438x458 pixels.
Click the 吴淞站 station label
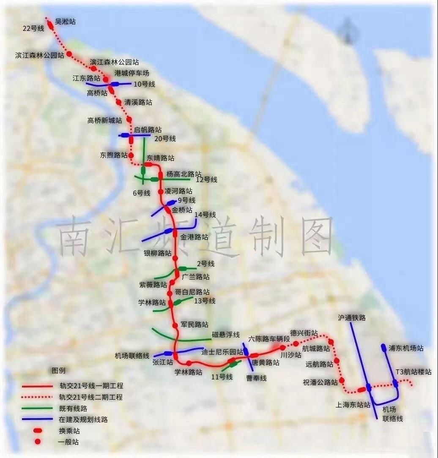[x=65, y=22]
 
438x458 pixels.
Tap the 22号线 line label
[x=33, y=28]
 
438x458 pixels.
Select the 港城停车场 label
[x=132, y=74]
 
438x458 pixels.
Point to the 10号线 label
[x=144, y=84]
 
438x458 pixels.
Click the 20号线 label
[x=165, y=139]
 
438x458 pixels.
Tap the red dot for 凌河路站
[x=161, y=192]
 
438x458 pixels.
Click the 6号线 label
[x=141, y=193]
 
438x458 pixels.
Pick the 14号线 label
[x=205, y=215]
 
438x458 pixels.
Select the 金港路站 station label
[x=194, y=237]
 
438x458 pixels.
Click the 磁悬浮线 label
[x=226, y=335]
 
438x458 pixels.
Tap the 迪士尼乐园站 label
[x=222, y=352]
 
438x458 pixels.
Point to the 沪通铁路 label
[x=352, y=318]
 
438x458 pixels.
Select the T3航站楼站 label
[x=413, y=372]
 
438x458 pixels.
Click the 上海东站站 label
[x=353, y=404]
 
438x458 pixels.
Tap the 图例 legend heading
[x=58, y=371]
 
